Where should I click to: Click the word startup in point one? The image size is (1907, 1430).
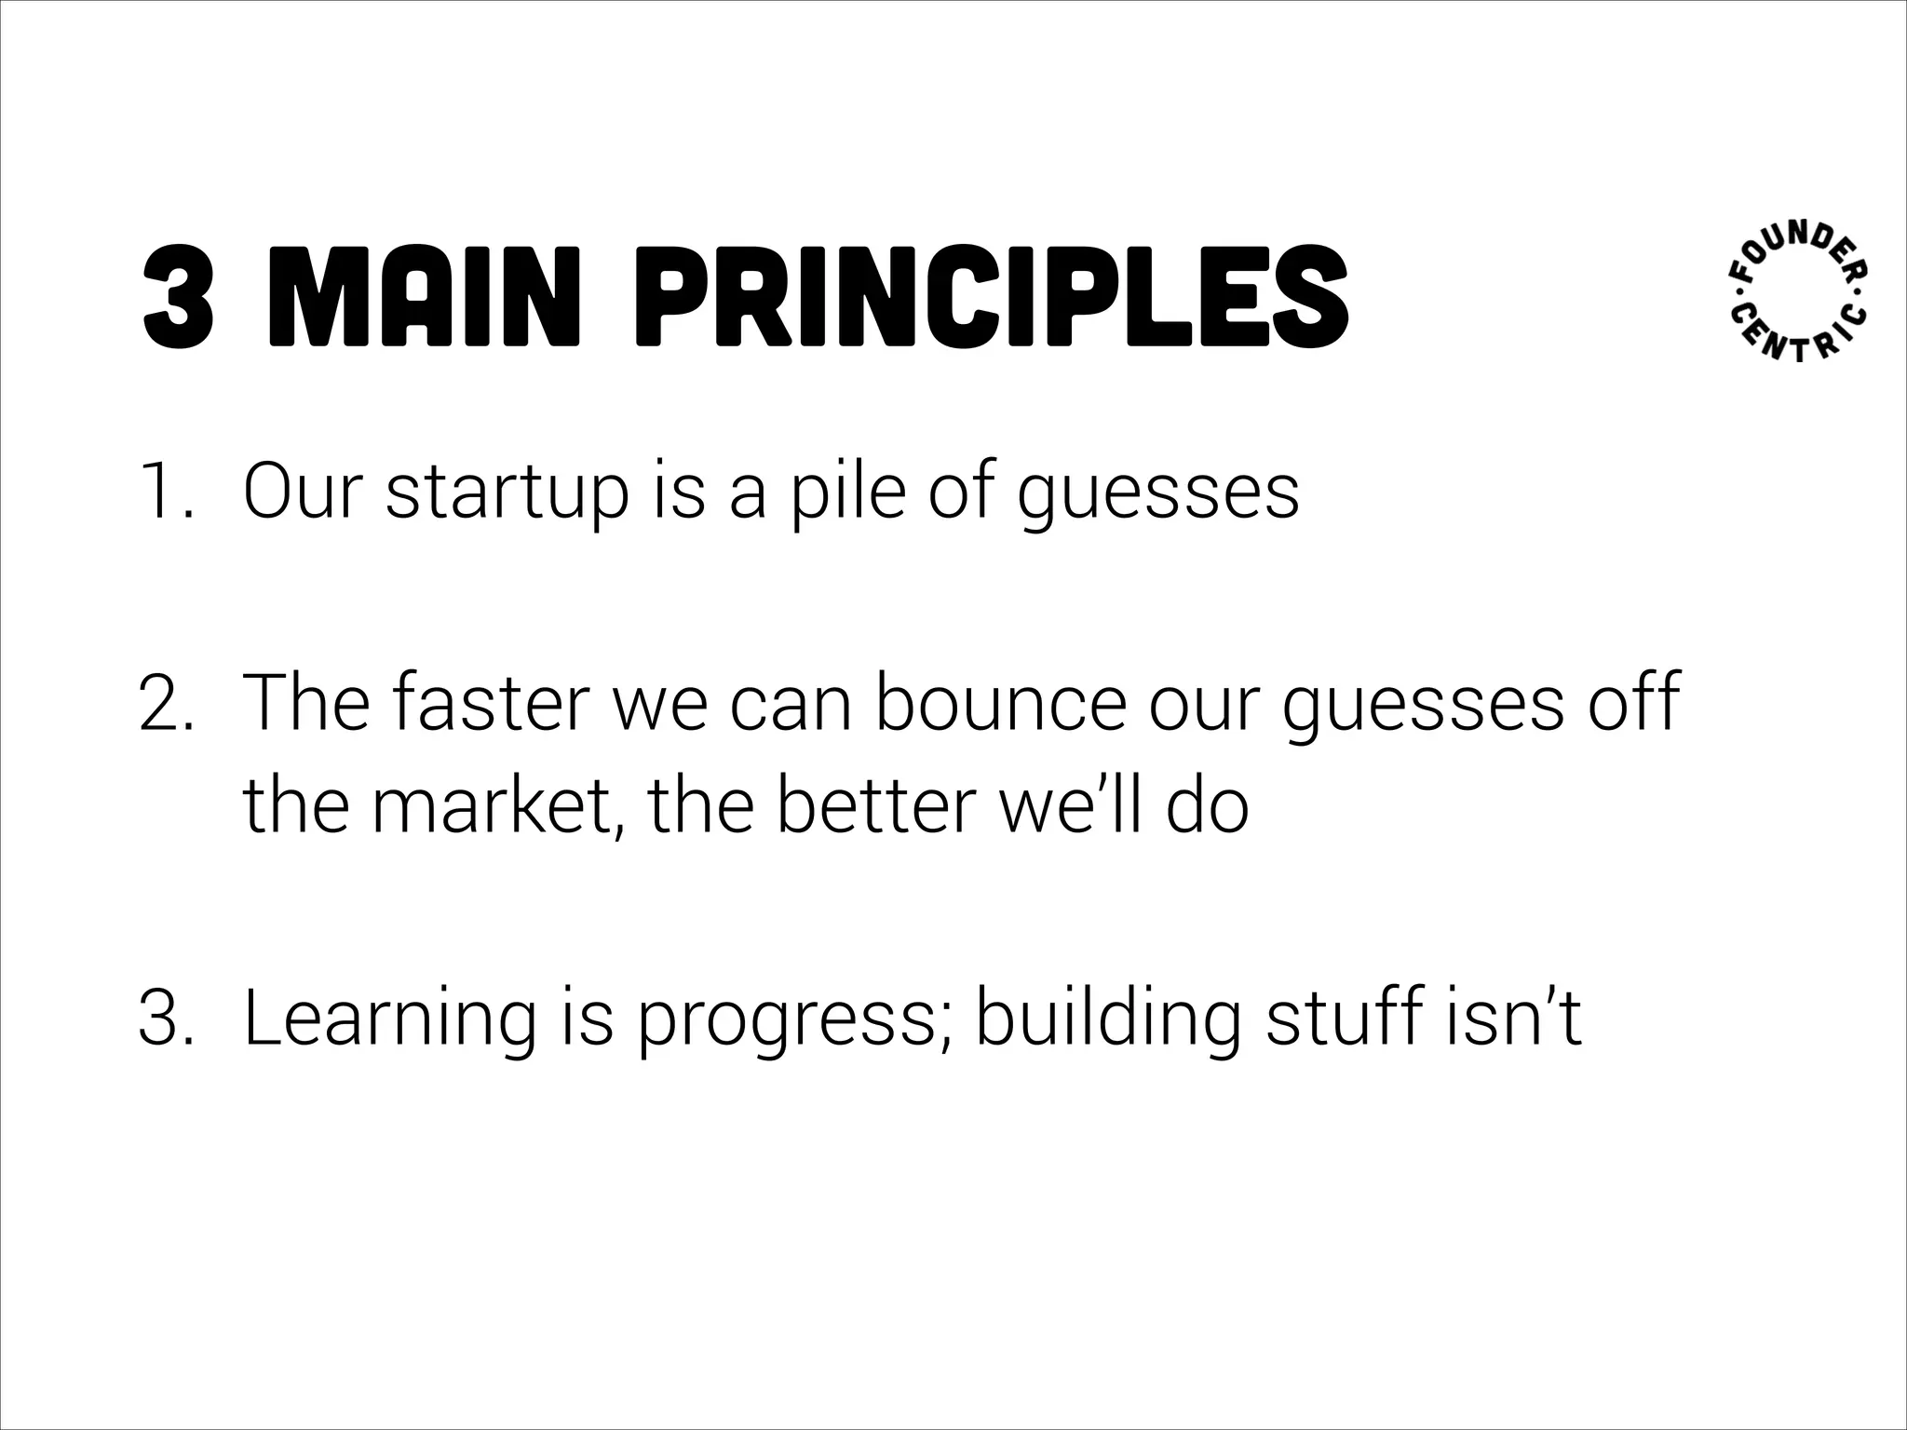coord(507,493)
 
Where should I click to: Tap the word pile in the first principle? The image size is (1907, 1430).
coord(847,493)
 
